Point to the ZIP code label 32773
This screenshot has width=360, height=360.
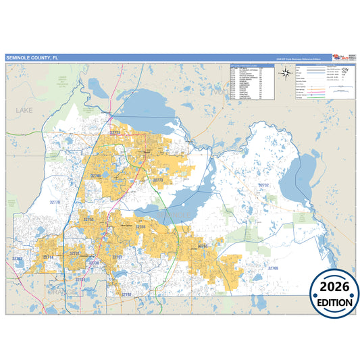click(158, 180)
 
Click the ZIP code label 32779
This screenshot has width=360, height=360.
click(55, 202)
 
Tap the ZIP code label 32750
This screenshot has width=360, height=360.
click(88, 220)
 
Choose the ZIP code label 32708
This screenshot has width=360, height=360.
click(140, 227)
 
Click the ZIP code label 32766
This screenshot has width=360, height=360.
click(272, 268)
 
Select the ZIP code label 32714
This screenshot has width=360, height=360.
click(48, 257)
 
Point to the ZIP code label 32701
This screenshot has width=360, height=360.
click(74, 253)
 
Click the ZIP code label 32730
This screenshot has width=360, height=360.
click(94, 263)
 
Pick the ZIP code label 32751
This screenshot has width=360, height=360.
click(80, 279)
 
